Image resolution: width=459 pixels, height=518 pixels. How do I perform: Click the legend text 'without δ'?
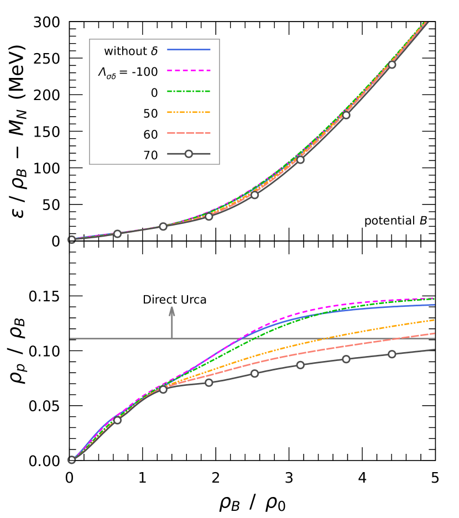coord(131,51)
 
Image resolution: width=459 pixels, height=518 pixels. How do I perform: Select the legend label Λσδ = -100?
coord(128,72)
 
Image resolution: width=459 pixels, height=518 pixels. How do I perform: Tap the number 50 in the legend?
coord(150,114)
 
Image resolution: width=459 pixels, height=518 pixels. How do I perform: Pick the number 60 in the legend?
coord(150,135)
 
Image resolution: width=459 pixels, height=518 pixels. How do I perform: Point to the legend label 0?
coord(154,93)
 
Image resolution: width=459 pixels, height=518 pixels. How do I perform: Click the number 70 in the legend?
coord(150,155)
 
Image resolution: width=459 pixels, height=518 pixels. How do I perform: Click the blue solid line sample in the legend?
coord(189,49)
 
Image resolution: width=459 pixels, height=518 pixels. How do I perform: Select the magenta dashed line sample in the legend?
coord(189,70)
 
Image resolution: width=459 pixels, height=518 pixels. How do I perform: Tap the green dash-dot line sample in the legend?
coord(189,91)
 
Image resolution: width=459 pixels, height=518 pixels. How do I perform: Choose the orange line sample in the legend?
coord(189,112)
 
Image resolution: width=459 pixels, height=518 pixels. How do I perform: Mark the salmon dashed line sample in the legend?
coord(189,133)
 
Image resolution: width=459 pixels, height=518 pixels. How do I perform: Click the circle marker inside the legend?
coord(189,154)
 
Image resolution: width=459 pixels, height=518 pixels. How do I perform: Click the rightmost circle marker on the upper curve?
coord(392,65)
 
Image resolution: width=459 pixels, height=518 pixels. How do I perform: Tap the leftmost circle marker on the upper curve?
coord(71,239)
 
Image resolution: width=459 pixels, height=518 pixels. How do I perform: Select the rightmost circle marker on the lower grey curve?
coord(392,354)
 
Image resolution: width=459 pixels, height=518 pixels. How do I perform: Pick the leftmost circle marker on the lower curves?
coord(71,459)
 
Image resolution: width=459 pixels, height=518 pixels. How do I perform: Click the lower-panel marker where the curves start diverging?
coord(163,389)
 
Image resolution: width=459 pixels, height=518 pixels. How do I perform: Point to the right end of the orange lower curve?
coord(434,320)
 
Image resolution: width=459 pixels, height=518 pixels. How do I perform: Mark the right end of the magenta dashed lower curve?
coord(434,299)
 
